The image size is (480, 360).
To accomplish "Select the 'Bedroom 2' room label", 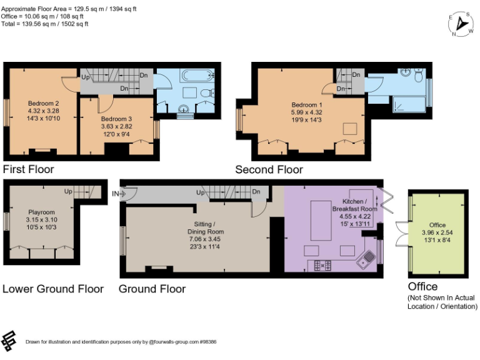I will pos(43,103).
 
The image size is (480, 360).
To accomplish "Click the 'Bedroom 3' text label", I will pos(116,119).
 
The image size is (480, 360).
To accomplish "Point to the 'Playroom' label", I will pos(41,212).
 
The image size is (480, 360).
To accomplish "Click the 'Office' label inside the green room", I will pos(437,225).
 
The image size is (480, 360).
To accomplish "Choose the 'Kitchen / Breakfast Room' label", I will pos(354,205).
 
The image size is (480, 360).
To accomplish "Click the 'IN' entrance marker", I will pos(115,194).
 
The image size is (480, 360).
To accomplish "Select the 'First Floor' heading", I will pos(29,169).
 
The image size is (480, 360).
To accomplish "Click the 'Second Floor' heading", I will pos(269,169).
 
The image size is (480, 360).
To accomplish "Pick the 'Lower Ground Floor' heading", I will pos(52,289).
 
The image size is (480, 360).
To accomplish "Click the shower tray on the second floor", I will pos(407,105).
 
